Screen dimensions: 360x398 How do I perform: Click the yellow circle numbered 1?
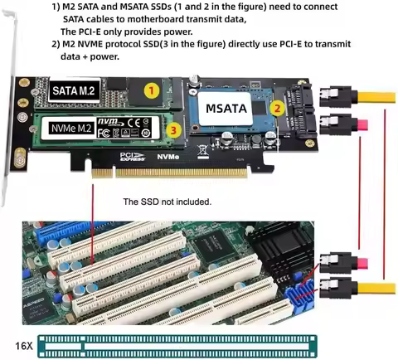point(151,89)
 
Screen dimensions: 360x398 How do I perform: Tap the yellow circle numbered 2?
point(278,107)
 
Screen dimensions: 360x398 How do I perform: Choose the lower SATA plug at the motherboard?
point(338,290)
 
